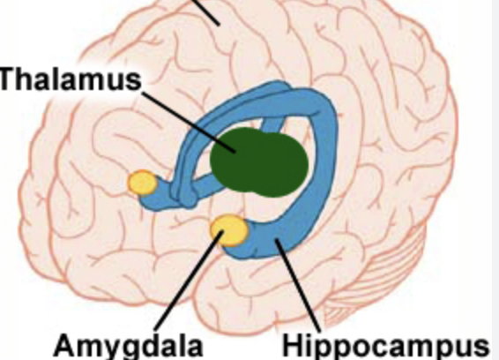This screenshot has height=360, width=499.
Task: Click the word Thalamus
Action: [71, 79]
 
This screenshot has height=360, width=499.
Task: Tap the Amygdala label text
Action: [129, 346]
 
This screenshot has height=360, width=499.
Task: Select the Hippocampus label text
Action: [386, 346]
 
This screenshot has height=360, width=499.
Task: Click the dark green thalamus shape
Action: [259, 161]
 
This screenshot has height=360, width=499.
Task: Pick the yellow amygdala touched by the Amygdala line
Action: [229, 230]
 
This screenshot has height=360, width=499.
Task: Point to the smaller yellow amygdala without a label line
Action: [142, 183]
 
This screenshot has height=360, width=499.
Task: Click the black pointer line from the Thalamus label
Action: [188, 122]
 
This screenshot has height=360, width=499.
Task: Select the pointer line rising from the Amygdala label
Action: [189, 281]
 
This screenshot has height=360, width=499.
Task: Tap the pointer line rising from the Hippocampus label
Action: [298, 285]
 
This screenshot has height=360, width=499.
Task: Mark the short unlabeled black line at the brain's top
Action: [206, 12]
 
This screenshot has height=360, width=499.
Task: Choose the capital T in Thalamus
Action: [11, 79]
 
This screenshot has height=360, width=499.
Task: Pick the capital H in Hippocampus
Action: [294, 345]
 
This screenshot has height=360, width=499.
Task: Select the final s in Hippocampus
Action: [480, 348]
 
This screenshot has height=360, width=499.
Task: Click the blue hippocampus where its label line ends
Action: [276, 240]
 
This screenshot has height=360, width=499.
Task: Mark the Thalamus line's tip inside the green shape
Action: [235, 153]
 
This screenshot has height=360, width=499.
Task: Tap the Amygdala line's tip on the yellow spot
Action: [223, 231]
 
